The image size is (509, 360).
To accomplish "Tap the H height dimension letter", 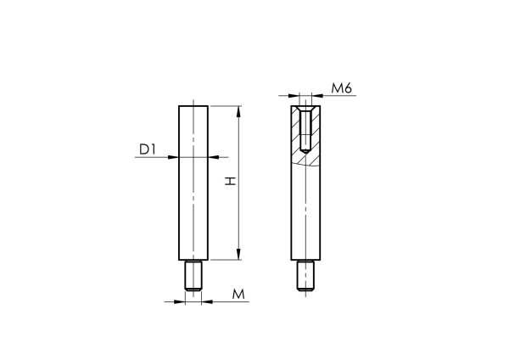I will [228, 181].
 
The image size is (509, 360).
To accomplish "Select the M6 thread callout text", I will [342, 87].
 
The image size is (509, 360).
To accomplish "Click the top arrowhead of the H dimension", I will [239, 110].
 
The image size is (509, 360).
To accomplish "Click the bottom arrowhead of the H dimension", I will [239, 254].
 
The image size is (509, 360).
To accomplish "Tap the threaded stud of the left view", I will [193, 276].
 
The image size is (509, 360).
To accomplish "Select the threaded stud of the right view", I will [305, 276].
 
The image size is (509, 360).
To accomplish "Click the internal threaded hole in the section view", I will [305, 127].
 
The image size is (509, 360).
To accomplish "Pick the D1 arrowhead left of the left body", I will [174, 157].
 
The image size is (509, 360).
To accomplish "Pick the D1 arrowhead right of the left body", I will [212, 157].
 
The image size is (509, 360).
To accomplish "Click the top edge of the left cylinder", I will [193, 105].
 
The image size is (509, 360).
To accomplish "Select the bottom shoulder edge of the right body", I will [305, 260].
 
